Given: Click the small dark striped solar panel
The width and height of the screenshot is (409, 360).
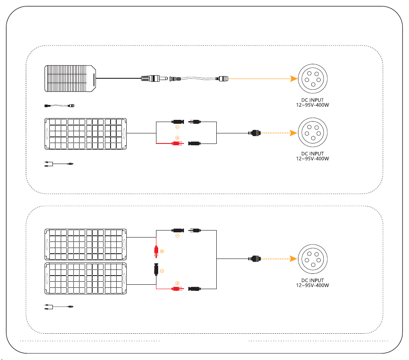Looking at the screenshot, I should [70, 78].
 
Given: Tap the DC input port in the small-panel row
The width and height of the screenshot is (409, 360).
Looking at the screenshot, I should [312, 79].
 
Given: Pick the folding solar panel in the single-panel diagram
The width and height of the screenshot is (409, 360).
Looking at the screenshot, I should [85, 133].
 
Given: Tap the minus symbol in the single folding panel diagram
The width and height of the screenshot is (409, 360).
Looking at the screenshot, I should [177, 128].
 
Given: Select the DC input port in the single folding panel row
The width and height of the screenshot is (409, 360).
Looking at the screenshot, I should [312, 133].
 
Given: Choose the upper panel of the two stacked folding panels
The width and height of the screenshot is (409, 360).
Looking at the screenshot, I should [85, 245].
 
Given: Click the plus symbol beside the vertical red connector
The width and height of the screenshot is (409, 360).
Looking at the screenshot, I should [162, 252].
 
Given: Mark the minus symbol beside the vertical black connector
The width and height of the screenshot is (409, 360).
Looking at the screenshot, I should [162, 271].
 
